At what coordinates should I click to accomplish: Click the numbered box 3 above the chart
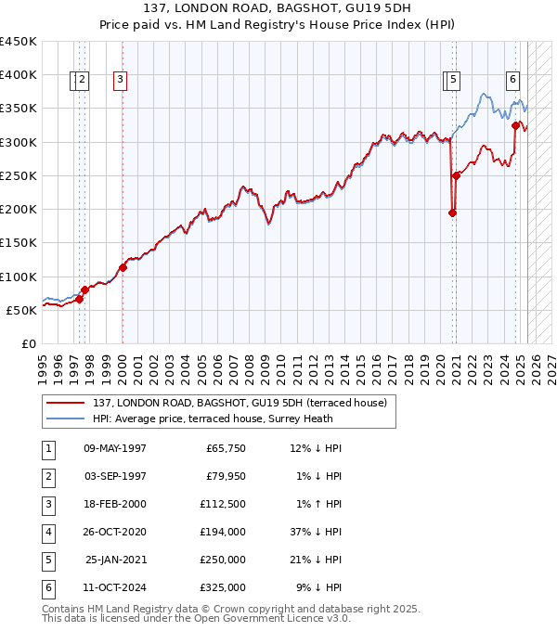pyautogui.click(x=121, y=81)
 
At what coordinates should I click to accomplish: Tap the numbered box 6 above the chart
pyautogui.click(x=512, y=80)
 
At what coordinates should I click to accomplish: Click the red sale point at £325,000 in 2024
pyautogui.click(x=515, y=125)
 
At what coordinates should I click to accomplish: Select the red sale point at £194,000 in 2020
pyautogui.click(x=453, y=213)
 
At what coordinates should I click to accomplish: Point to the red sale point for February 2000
pyautogui.click(x=123, y=267)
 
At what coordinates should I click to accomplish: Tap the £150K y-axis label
pyautogui.click(x=19, y=243)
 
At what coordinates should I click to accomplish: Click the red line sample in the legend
pyautogui.click(x=65, y=404)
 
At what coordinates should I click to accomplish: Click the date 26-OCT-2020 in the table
pyautogui.click(x=115, y=533)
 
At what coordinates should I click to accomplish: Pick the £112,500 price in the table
pyautogui.click(x=223, y=505)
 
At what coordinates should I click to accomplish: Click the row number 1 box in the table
pyautogui.click(x=47, y=449)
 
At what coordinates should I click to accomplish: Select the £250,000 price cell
pyautogui.click(x=223, y=560)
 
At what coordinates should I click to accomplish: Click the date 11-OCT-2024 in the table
pyautogui.click(x=115, y=587)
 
